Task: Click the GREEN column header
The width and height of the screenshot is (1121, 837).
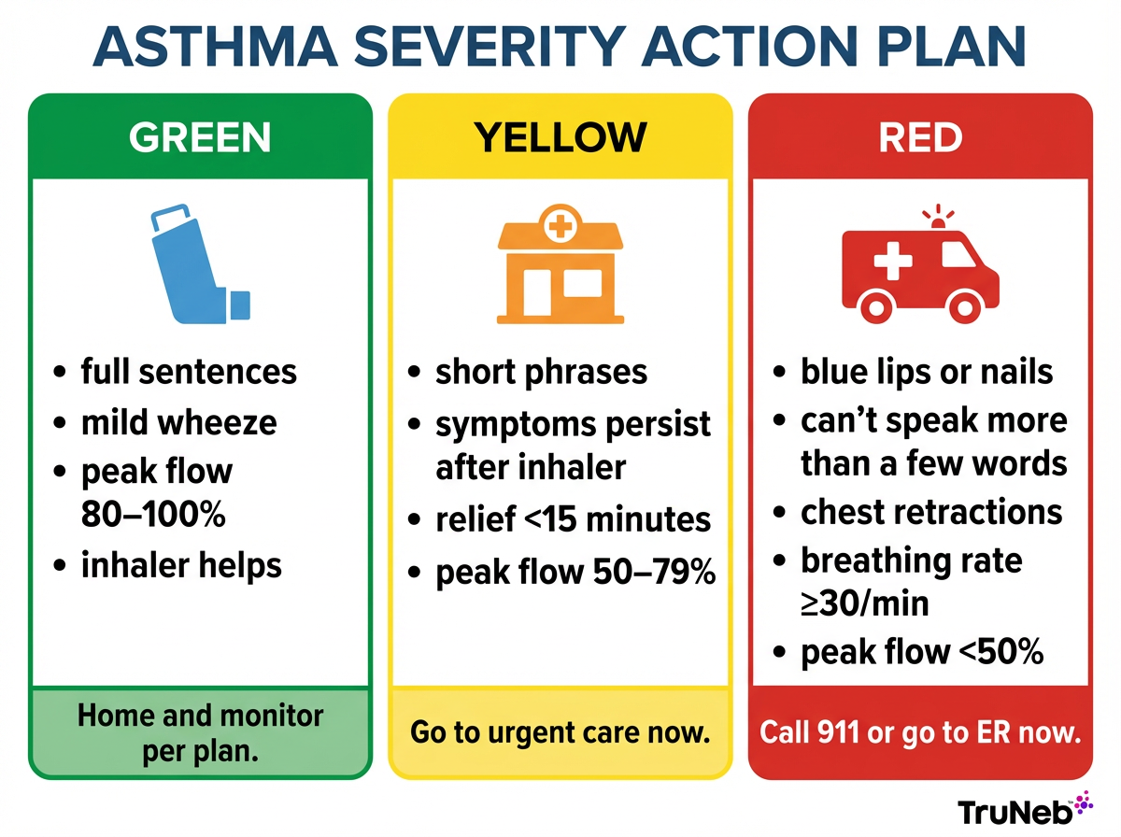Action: (200, 137)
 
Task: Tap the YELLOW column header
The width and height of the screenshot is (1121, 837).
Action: (560, 137)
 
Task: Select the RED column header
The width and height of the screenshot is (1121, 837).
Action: (920, 137)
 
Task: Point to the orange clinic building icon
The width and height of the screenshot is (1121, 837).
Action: (560, 265)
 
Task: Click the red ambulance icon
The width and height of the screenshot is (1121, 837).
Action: (920, 267)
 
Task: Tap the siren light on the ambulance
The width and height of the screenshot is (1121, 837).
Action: (937, 217)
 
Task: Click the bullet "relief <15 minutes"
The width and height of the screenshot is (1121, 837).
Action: (573, 519)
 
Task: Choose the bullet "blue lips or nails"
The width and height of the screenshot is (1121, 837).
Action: (926, 372)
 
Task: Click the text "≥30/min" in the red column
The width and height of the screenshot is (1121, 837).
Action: (864, 603)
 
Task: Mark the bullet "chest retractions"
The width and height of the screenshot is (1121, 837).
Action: (930, 512)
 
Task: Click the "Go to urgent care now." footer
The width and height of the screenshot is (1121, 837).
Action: (560, 731)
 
